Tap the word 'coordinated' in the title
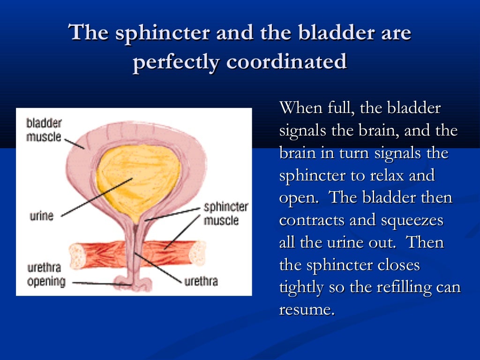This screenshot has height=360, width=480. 286,62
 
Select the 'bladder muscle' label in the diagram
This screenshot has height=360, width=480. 44,130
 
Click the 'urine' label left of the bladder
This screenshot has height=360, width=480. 42,216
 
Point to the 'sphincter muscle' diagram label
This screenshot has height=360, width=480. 225,213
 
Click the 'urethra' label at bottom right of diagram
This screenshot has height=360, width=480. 201,282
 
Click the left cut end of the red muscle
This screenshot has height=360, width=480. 76,256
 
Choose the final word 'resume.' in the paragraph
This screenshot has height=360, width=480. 307,310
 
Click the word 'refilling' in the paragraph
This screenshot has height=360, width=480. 397,287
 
